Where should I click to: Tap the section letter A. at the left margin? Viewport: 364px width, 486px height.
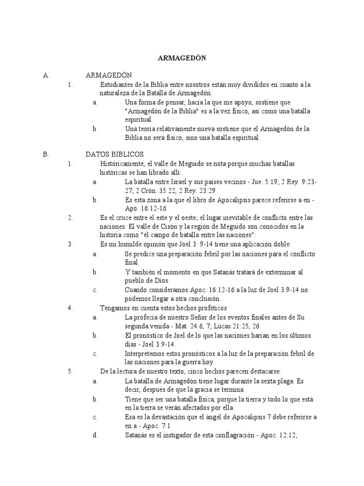pos(45,75)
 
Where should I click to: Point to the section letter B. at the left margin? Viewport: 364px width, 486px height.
pos(45,155)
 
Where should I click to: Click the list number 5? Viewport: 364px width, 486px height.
pos(70,371)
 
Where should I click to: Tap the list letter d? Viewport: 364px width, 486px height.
pos(95,434)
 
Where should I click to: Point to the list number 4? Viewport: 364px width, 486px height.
pos(70,308)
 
